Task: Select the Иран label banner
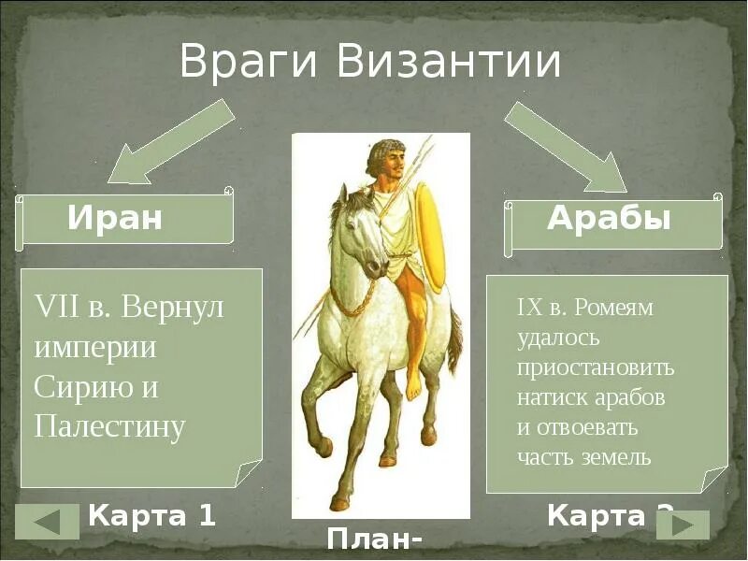(x=123, y=219)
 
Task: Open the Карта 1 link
(x=151, y=515)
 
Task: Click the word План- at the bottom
(x=373, y=540)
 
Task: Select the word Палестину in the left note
(x=109, y=425)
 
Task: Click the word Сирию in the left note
(x=79, y=386)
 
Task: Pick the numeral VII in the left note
(x=55, y=307)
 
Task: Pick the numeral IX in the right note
(x=529, y=307)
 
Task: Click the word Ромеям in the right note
(x=613, y=307)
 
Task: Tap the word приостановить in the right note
(x=595, y=367)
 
